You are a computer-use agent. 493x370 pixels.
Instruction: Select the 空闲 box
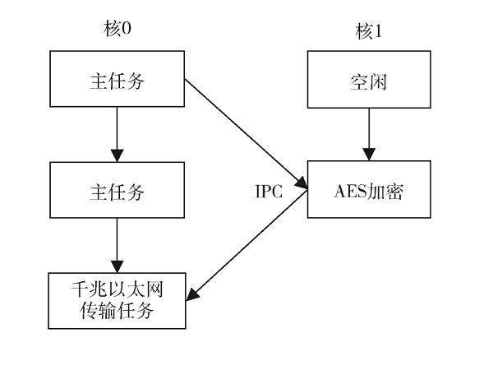click(x=368, y=82)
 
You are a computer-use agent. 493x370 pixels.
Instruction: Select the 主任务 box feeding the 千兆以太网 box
click(x=117, y=191)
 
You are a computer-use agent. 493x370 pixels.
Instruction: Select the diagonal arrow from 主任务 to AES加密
click(x=246, y=136)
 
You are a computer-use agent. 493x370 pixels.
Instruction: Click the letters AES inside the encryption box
click(x=348, y=192)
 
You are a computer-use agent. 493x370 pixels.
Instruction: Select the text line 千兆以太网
click(x=117, y=290)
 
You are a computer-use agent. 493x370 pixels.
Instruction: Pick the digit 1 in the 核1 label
click(x=378, y=34)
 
